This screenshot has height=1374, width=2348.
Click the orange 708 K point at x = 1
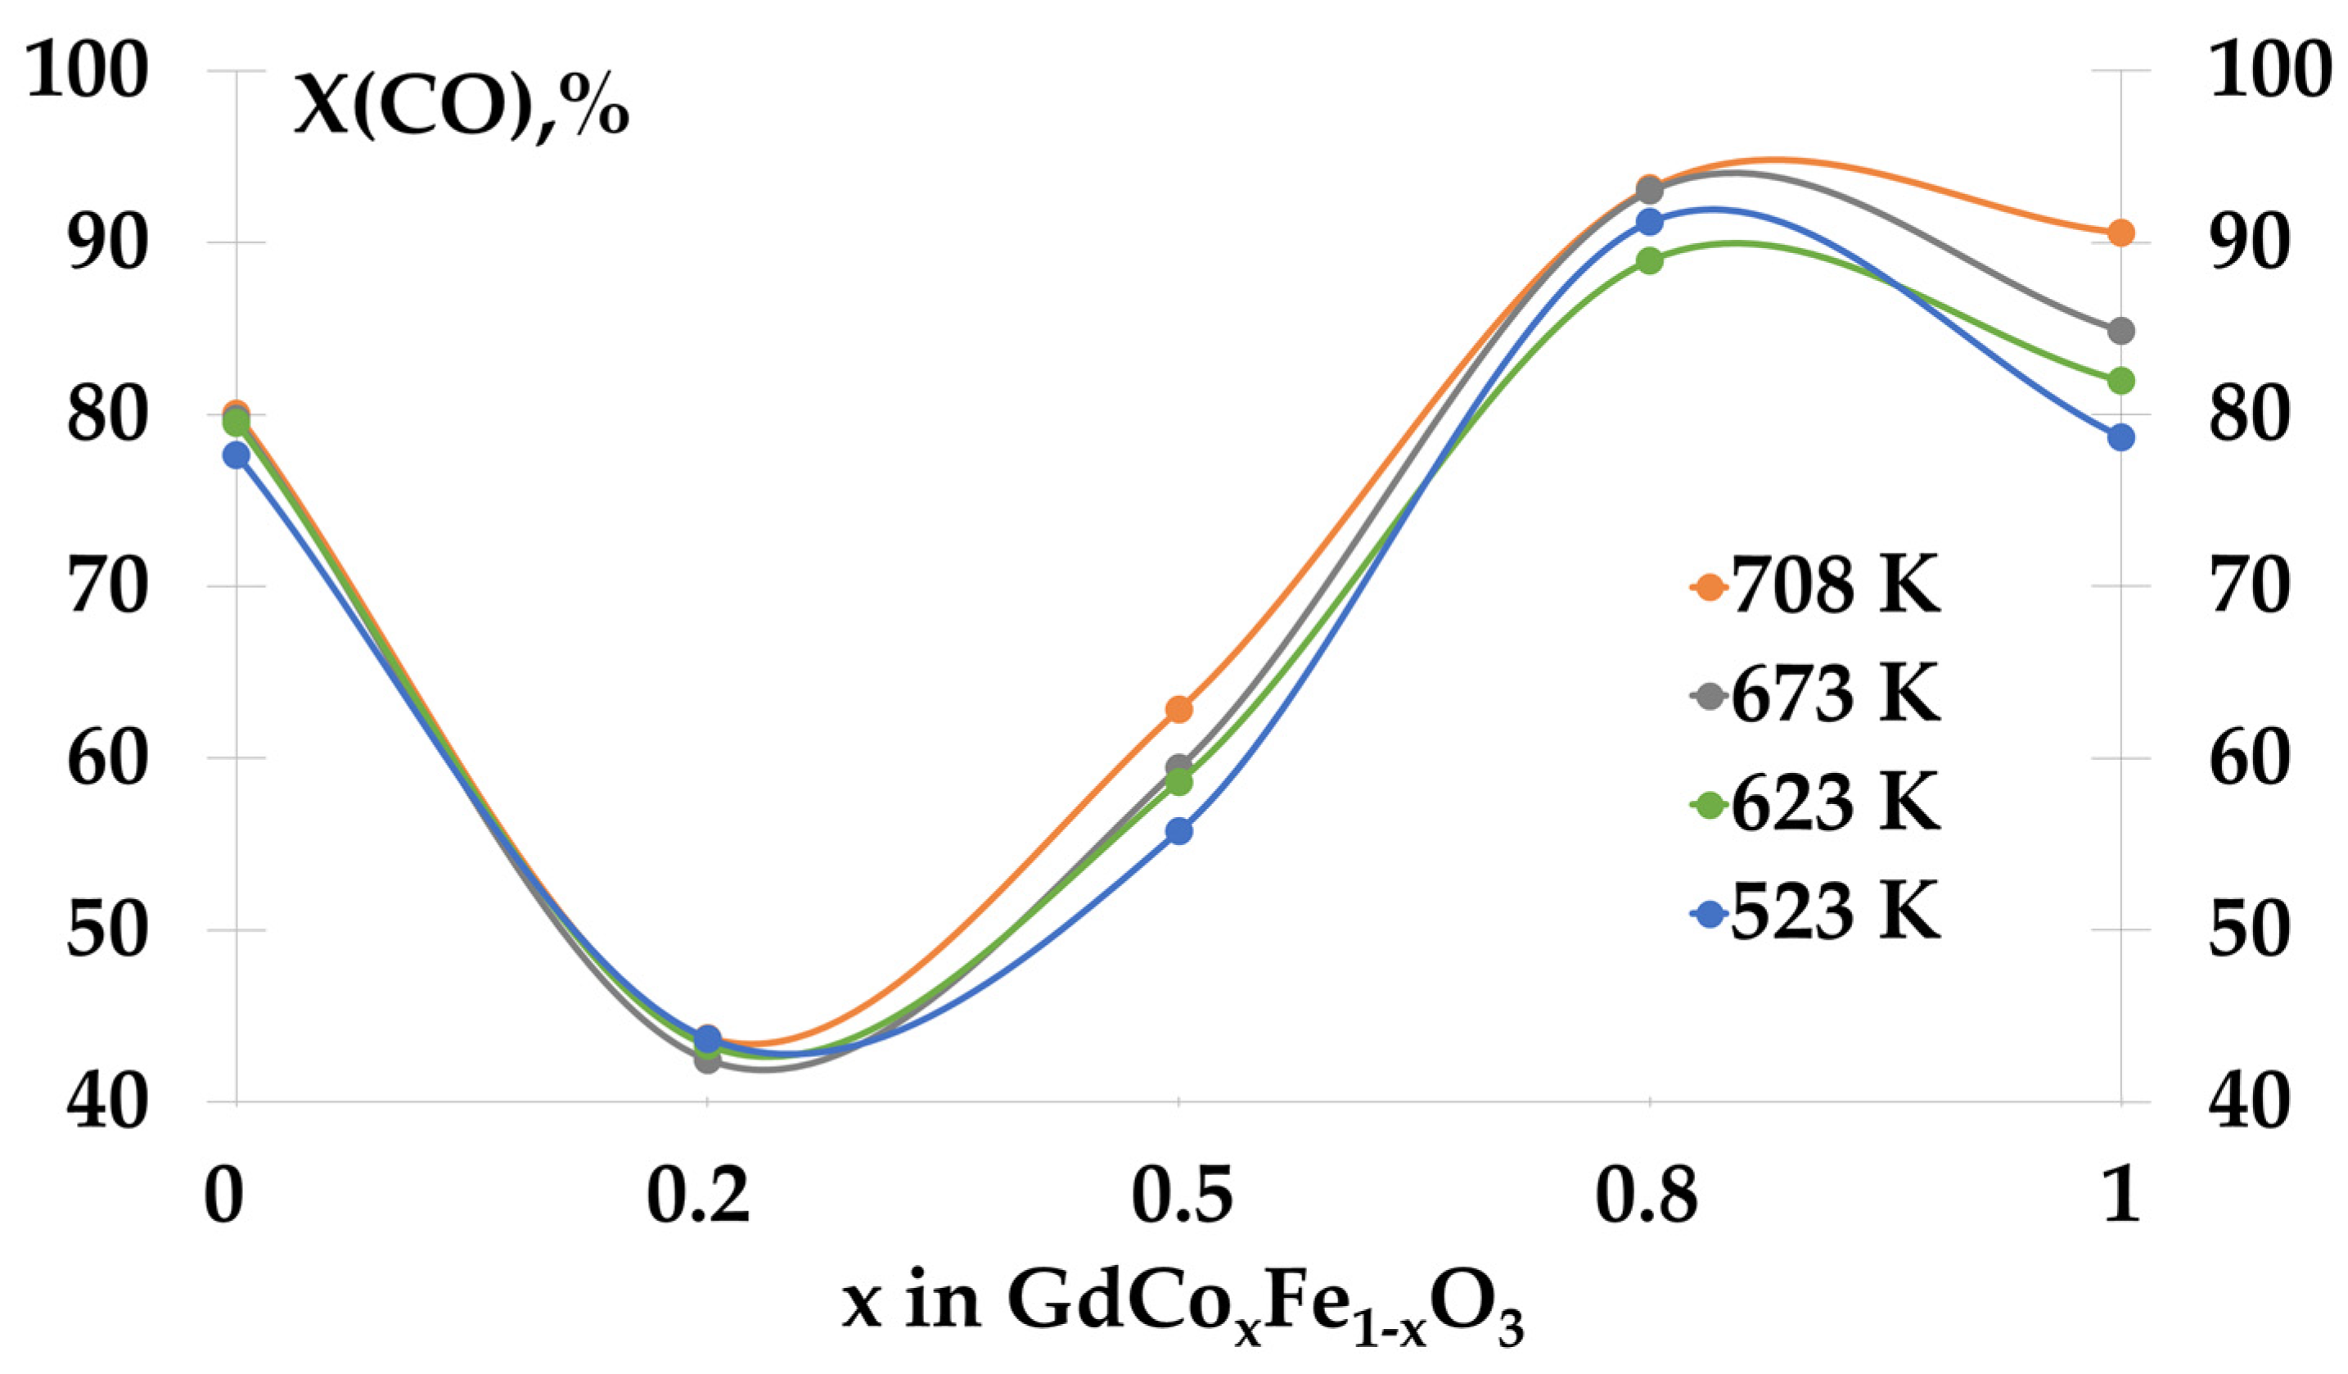(x=2120, y=233)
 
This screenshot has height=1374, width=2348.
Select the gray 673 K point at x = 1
(x=2120, y=330)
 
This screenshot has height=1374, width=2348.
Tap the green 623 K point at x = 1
(x=2120, y=380)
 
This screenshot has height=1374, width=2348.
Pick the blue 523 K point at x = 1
(x=2120, y=437)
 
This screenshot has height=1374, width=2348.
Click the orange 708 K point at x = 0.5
(x=1179, y=709)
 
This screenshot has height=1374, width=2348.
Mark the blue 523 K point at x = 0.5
(x=1179, y=830)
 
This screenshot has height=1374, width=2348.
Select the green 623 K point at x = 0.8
(x=1649, y=261)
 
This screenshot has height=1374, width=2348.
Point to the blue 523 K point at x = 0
(x=237, y=455)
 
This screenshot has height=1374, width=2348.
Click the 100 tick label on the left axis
(x=86, y=73)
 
